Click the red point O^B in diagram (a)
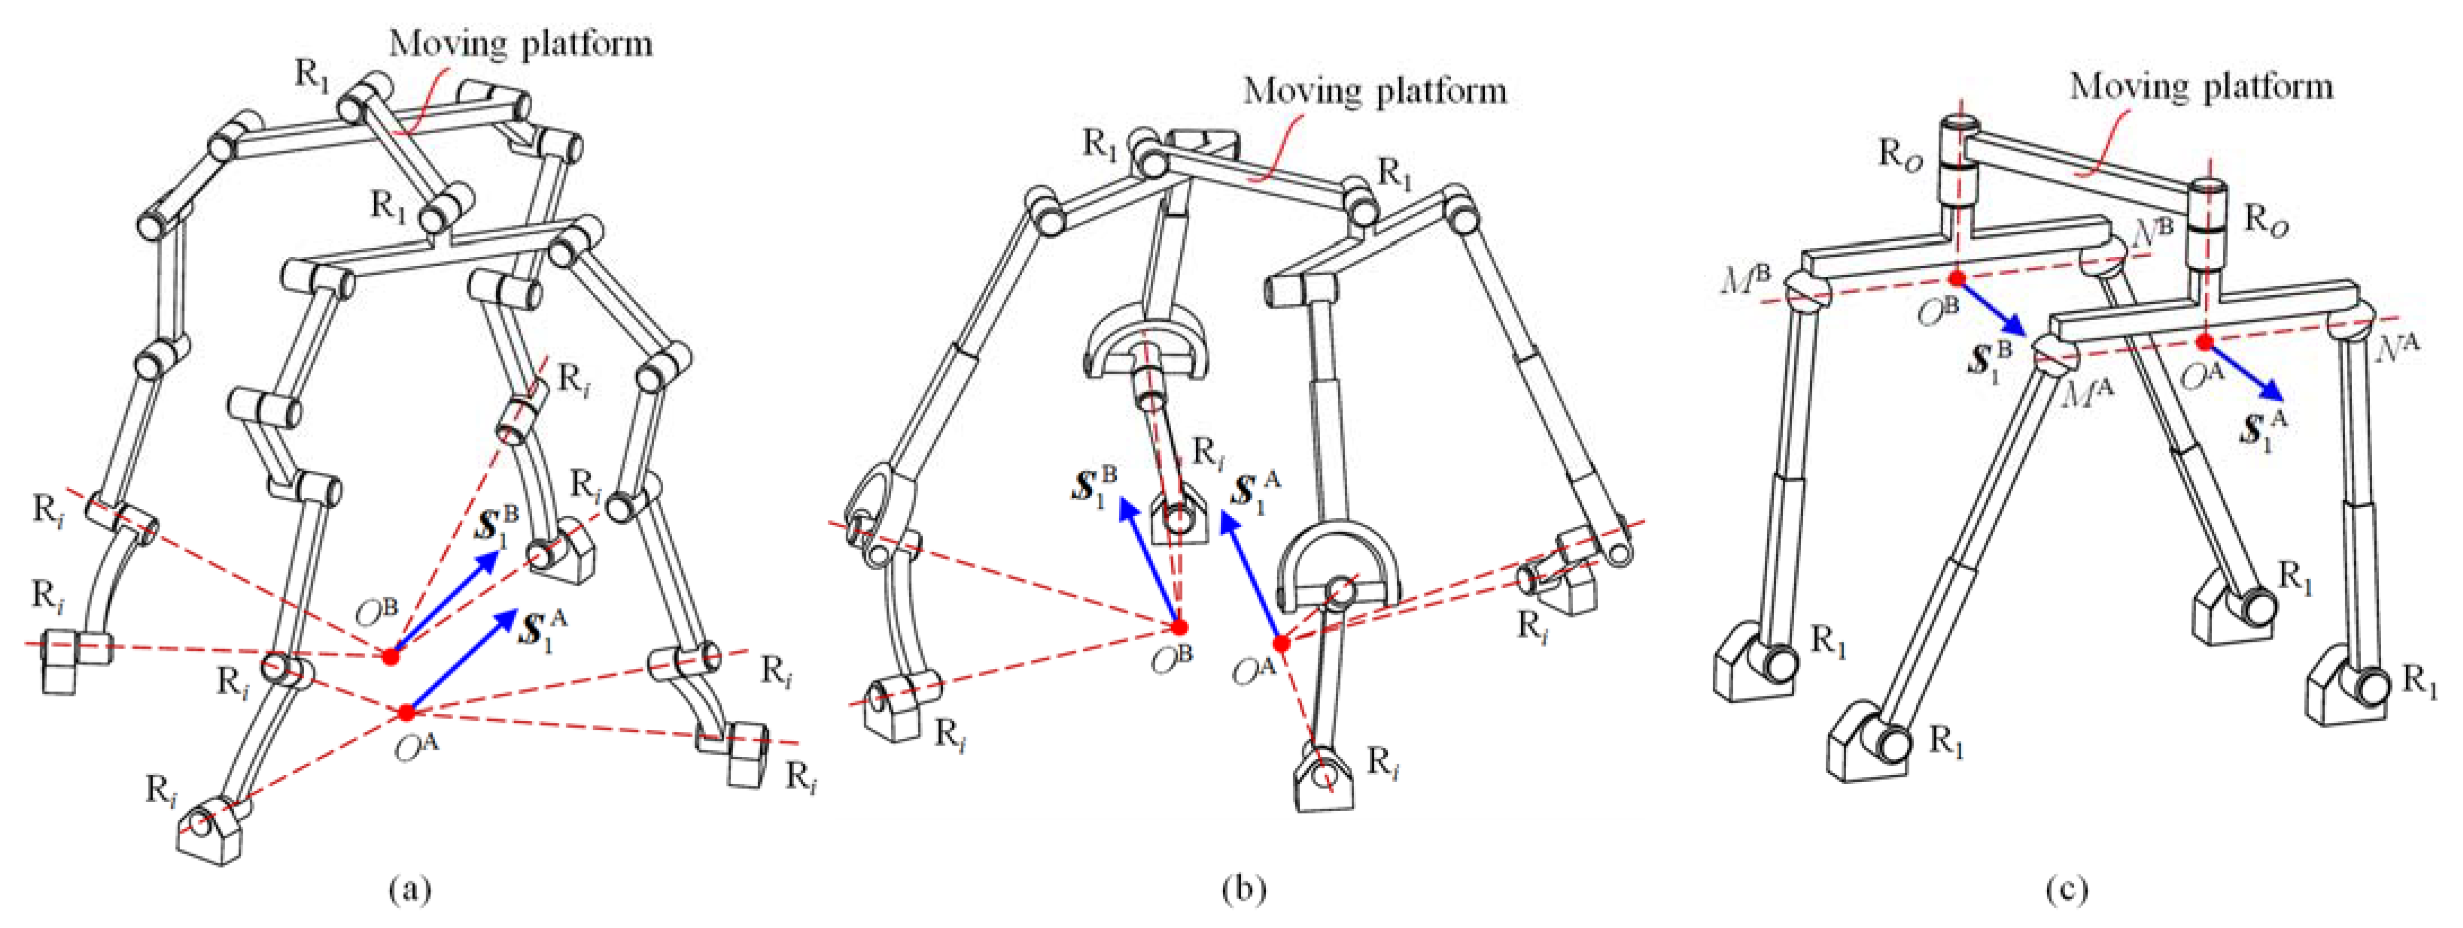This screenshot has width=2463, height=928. pos(390,656)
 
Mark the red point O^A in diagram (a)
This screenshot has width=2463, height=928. pos(406,712)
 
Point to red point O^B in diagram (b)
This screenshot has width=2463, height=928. pos(1180,627)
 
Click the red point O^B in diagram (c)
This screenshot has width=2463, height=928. pos(1957,278)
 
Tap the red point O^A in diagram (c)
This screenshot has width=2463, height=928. pos(2204,342)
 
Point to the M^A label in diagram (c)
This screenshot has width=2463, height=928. pos(2087,392)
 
